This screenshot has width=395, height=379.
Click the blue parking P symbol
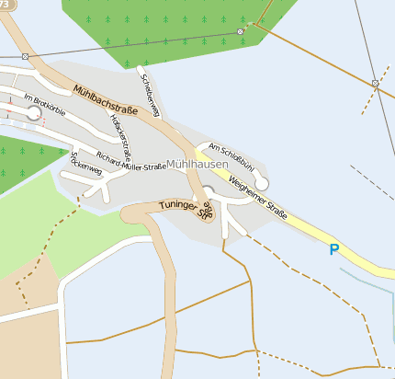334,248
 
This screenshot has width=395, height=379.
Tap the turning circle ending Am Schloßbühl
262,183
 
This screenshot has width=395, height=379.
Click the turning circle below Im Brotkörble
34,113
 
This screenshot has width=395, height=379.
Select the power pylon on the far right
375,85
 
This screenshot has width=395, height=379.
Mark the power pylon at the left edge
25,56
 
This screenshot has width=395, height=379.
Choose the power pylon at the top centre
241,31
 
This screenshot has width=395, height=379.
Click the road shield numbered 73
4,5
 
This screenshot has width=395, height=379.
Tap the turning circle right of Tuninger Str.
208,191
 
